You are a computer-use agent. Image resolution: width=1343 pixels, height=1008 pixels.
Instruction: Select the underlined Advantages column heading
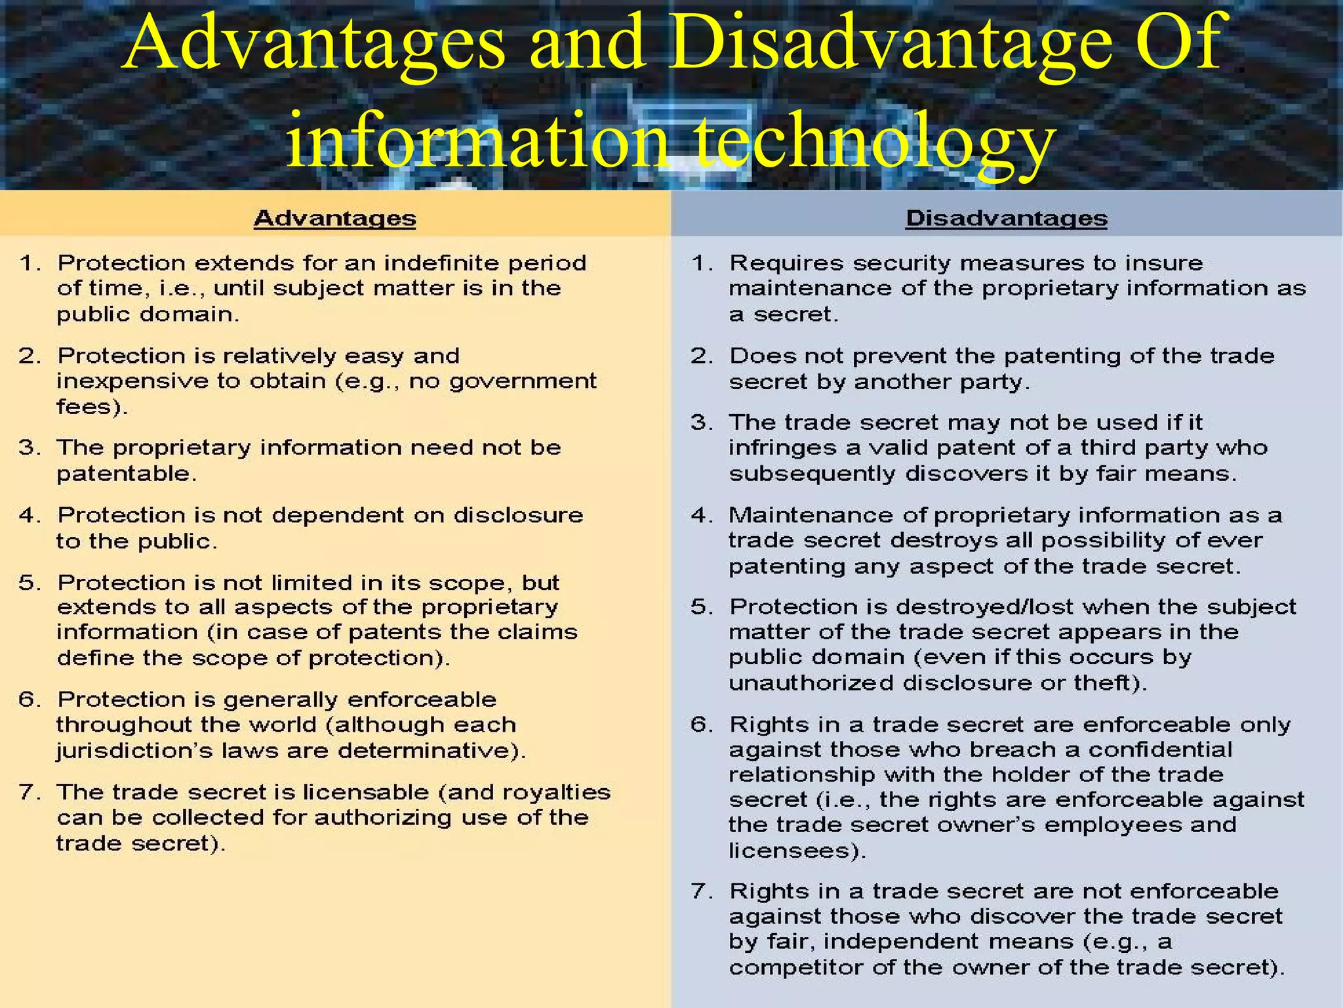pos(334,218)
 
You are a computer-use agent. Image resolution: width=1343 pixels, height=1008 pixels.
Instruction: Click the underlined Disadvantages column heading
pos(1006,218)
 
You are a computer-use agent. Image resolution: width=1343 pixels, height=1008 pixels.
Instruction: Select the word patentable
pos(126,474)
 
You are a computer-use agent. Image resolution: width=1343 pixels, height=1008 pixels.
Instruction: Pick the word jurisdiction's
pos(134,751)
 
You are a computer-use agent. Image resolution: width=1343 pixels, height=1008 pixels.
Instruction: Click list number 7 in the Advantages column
pos(30,792)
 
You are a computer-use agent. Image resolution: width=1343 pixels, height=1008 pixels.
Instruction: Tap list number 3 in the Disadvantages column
pos(701,422)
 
